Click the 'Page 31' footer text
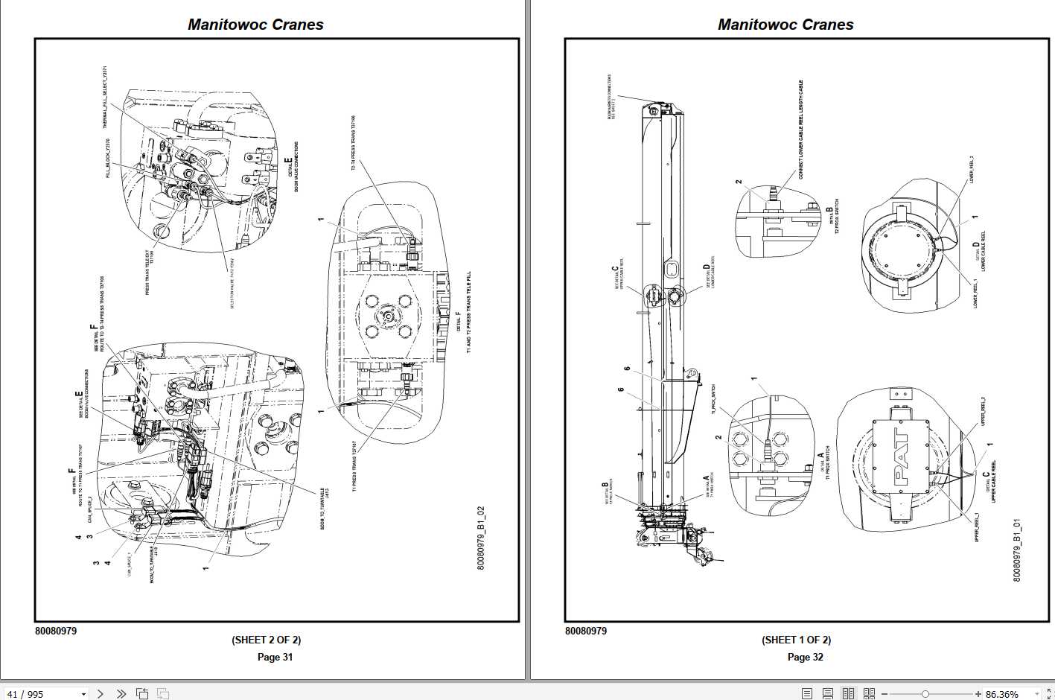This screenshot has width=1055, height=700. [275, 657]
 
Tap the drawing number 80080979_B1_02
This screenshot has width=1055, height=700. [481, 538]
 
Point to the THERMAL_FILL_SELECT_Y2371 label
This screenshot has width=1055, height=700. [105, 98]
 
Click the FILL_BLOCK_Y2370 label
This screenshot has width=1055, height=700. [108, 158]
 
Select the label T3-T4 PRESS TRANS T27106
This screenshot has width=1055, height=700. [353, 143]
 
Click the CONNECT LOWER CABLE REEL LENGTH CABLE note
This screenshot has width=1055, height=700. [801, 130]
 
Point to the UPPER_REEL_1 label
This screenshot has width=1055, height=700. [977, 527]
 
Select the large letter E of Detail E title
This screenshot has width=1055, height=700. [288, 162]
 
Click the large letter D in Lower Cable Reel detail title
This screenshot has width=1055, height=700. [976, 244]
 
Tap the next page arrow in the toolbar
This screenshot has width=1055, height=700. [101, 693]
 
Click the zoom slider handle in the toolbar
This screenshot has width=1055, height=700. [925, 694]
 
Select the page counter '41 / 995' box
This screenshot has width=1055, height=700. [45, 694]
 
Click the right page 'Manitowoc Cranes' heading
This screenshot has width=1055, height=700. [785, 25]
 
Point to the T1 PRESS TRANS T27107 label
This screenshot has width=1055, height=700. [354, 466]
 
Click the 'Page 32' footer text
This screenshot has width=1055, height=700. [805, 657]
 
